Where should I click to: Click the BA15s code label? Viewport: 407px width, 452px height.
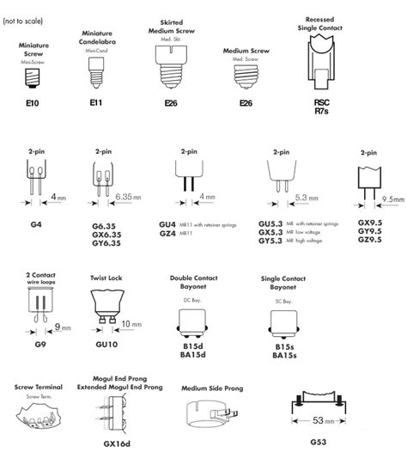click(x=285, y=354)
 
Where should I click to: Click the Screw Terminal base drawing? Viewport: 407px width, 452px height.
click(x=35, y=418)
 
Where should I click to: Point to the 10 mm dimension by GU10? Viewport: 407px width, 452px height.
click(x=131, y=324)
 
